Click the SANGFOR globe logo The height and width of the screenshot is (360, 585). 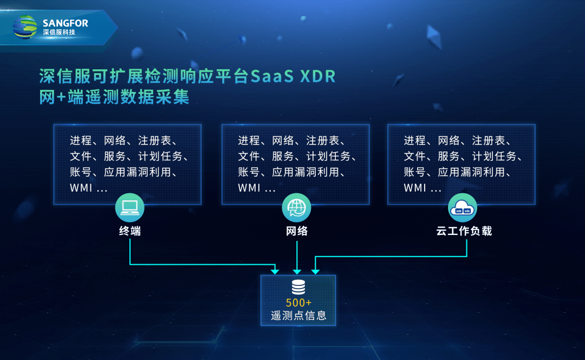[x=25, y=27]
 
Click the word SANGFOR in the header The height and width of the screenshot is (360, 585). [x=66, y=23]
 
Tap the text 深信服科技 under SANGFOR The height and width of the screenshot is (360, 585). [x=59, y=32]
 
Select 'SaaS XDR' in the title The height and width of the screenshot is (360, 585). [x=293, y=76]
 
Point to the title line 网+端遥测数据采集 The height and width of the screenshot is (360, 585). [x=114, y=97]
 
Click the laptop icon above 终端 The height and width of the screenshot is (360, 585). [x=130, y=207]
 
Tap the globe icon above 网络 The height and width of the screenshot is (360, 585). [x=296, y=207]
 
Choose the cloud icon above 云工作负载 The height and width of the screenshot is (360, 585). [x=462, y=207]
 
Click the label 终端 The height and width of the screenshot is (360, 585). [x=130, y=231]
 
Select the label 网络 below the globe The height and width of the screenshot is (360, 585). [x=297, y=231]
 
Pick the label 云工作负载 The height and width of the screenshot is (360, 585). [x=464, y=231]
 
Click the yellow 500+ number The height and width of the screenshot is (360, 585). [x=298, y=303]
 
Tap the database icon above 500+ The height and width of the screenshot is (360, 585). [x=298, y=287]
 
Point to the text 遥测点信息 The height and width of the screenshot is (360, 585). [x=298, y=316]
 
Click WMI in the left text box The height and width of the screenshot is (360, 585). [x=81, y=188]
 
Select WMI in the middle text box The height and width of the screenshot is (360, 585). [x=249, y=188]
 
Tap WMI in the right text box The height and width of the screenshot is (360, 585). [x=415, y=188]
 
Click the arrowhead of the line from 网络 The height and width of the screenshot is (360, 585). [x=297, y=272]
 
